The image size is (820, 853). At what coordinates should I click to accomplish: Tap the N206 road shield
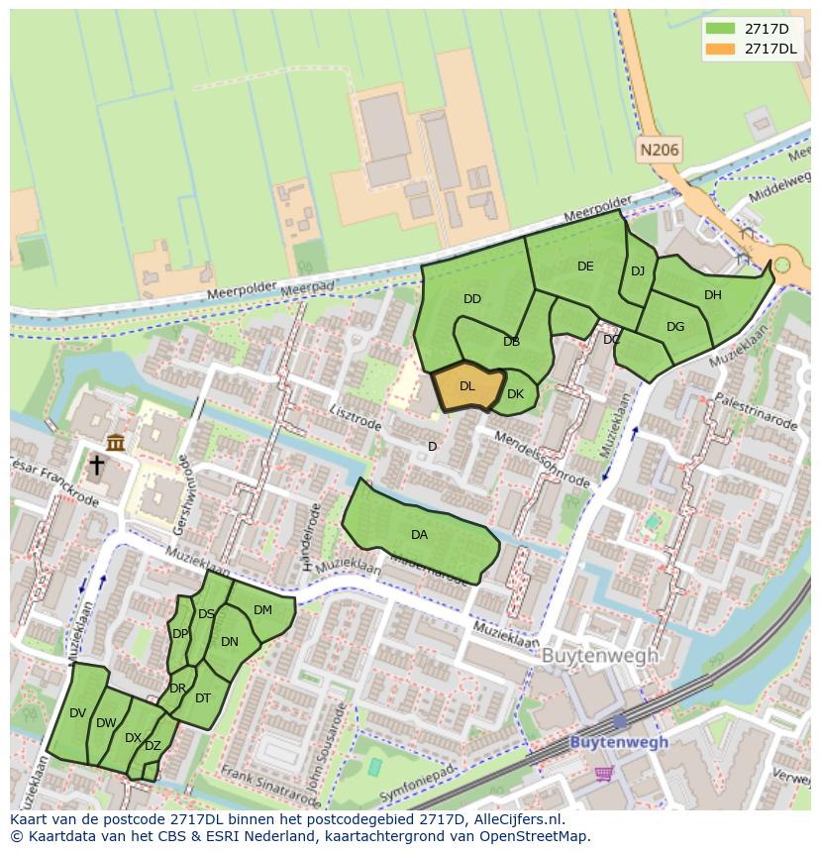click(x=660, y=151)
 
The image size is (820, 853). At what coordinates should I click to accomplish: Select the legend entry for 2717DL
click(x=770, y=49)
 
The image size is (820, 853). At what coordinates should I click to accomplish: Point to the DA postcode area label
click(x=420, y=535)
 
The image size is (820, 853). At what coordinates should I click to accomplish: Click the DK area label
click(x=515, y=394)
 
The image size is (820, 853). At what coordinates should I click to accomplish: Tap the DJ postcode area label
click(x=638, y=271)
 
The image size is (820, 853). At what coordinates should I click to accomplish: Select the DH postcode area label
click(x=713, y=295)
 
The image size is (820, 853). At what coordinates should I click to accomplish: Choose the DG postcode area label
click(x=675, y=327)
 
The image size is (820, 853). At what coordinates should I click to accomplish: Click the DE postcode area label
click(x=585, y=267)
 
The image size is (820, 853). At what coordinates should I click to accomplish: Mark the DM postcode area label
click(x=262, y=610)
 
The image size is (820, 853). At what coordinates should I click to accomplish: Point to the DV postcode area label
click(x=78, y=713)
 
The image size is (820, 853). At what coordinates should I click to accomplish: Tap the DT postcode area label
click(x=203, y=698)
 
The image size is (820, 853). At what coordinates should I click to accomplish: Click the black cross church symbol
click(x=97, y=465)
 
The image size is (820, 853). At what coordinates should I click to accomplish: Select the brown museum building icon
click(x=116, y=442)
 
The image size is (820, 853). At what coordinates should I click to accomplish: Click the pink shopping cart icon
click(x=603, y=773)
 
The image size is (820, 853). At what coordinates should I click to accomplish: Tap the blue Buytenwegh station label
click(x=619, y=742)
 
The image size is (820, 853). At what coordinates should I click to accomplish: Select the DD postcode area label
click(x=472, y=299)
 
